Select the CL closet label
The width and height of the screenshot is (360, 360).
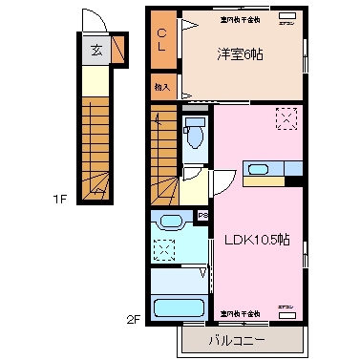(162, 39)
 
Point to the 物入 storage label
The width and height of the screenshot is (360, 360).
(161, 87)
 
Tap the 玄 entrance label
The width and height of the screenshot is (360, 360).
(96, 51)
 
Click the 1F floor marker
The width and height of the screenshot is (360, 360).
(58, 200)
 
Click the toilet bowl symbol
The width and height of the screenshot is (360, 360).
(195, 134)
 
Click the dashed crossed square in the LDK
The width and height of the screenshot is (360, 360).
(286, 119)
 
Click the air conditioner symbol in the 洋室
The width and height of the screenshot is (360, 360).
(286, 18)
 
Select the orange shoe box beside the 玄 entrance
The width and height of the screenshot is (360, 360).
(118, 49)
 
